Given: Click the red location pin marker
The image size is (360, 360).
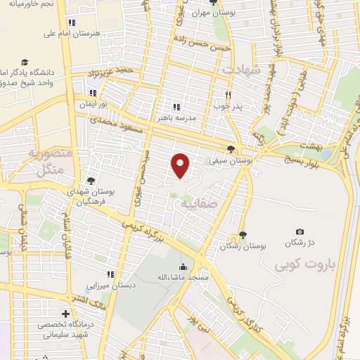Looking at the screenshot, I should tap(181, 165).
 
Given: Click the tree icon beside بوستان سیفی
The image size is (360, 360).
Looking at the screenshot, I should tap(231, 148).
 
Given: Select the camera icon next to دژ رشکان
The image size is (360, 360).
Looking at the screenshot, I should tap(300, 232).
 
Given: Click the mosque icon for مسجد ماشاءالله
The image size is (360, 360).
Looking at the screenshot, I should tap(184, 266).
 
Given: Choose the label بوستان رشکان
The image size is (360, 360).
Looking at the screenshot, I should tap(243, 247).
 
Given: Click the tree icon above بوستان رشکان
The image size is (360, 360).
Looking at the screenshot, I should tap(243, 235).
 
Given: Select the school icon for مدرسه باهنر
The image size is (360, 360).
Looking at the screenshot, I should tap(176, 107).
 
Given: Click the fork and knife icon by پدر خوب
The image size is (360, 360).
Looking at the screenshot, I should tap(227, 94).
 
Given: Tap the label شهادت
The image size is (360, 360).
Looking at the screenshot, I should tap(241, 71).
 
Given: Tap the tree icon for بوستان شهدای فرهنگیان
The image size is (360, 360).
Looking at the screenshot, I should tap(91, 181).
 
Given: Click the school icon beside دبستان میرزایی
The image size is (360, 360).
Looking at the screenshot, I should tap(109, 274).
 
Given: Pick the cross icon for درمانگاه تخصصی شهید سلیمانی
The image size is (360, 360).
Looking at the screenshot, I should tap(65, 314).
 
